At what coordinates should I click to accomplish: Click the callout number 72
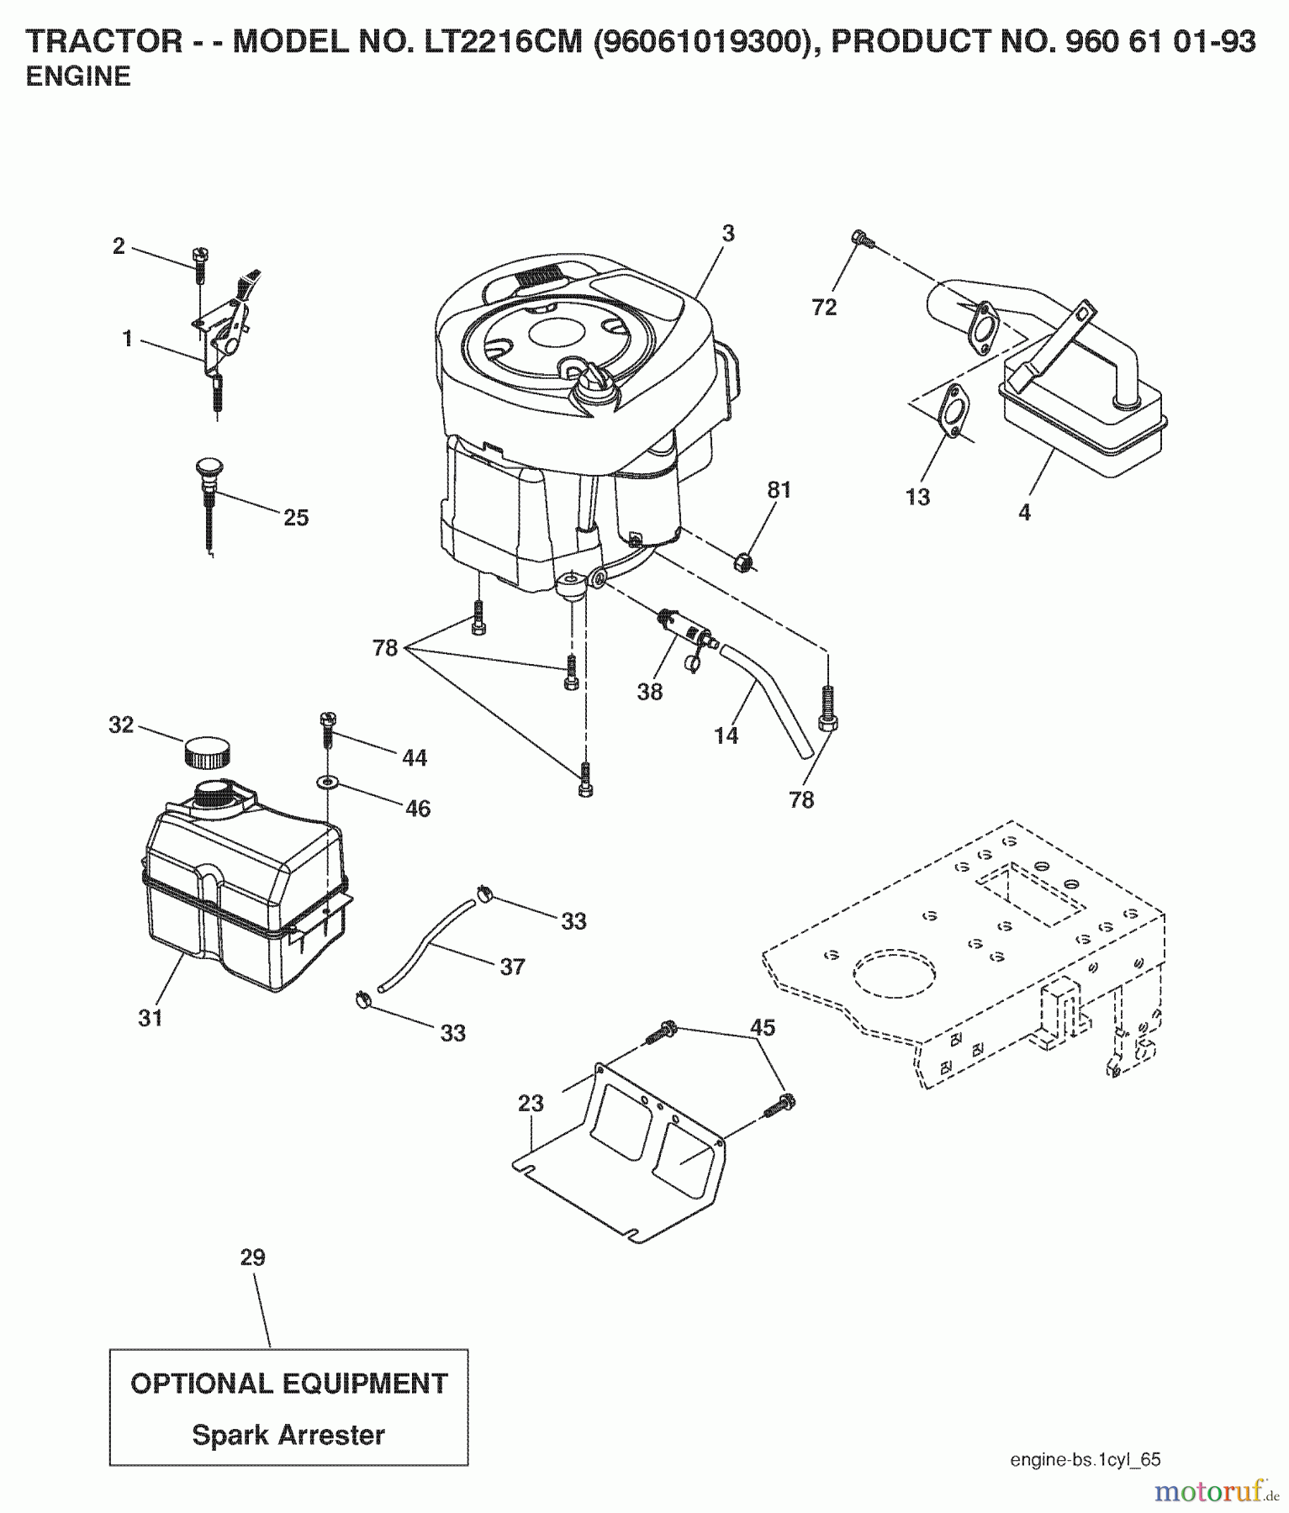(824, 308)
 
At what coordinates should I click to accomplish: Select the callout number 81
(779, 489)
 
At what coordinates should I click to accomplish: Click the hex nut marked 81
(742, 561)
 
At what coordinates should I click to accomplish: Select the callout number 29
(252, 1257)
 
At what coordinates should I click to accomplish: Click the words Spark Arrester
(288, 1435)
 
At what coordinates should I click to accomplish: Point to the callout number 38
(650, 692)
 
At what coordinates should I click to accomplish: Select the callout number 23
(531, 1103)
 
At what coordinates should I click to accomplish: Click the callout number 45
(762, 1028)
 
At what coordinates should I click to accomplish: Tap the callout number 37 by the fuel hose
(512, 967)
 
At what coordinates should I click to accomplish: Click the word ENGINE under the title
(78, 76)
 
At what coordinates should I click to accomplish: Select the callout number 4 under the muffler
(1024, 512)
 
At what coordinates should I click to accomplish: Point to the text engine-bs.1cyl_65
(1085, 1459)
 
